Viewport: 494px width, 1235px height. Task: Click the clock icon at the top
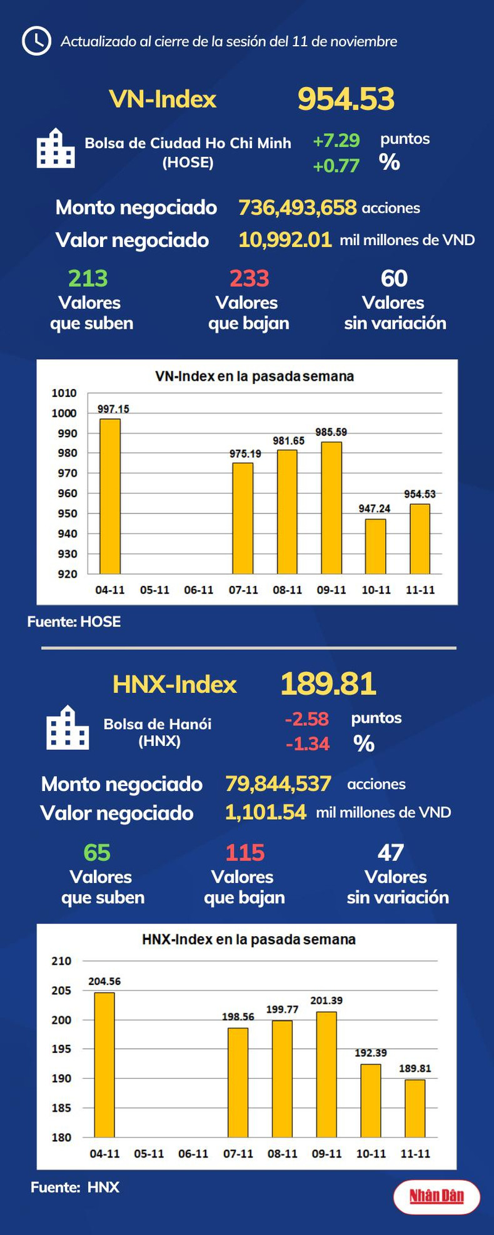click(x=36, y=41)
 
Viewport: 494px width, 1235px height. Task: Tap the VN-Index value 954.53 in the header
click(x=346, y=99)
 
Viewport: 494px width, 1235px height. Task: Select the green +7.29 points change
click(x=336, y=140)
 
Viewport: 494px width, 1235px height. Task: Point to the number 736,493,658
click(x=297, y=208)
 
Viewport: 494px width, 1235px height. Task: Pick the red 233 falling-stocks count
click(x=249, y=278)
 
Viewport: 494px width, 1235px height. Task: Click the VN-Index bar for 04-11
click(x=110, y=497)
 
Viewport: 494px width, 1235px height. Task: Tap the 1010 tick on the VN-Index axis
click(x=64, y=393)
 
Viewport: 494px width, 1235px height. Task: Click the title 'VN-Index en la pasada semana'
click(x=254, y=376)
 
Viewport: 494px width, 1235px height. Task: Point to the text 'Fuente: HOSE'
click(x=74, y=622)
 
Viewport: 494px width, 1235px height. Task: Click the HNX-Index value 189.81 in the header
click(x=328, y=683)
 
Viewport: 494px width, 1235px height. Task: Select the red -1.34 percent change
click(x=307, y=744)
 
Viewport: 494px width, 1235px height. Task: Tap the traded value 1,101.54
click(x=265, y=812)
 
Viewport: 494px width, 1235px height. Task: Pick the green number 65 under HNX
click(x=97, y=852)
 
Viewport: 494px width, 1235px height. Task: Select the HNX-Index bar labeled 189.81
click(x=415, y=1108)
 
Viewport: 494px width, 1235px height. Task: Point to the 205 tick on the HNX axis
click(x=61, y=991)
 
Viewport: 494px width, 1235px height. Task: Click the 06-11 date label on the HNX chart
click(x=193, y=1154)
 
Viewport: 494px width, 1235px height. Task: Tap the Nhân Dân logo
click(x=436, y=1197)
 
